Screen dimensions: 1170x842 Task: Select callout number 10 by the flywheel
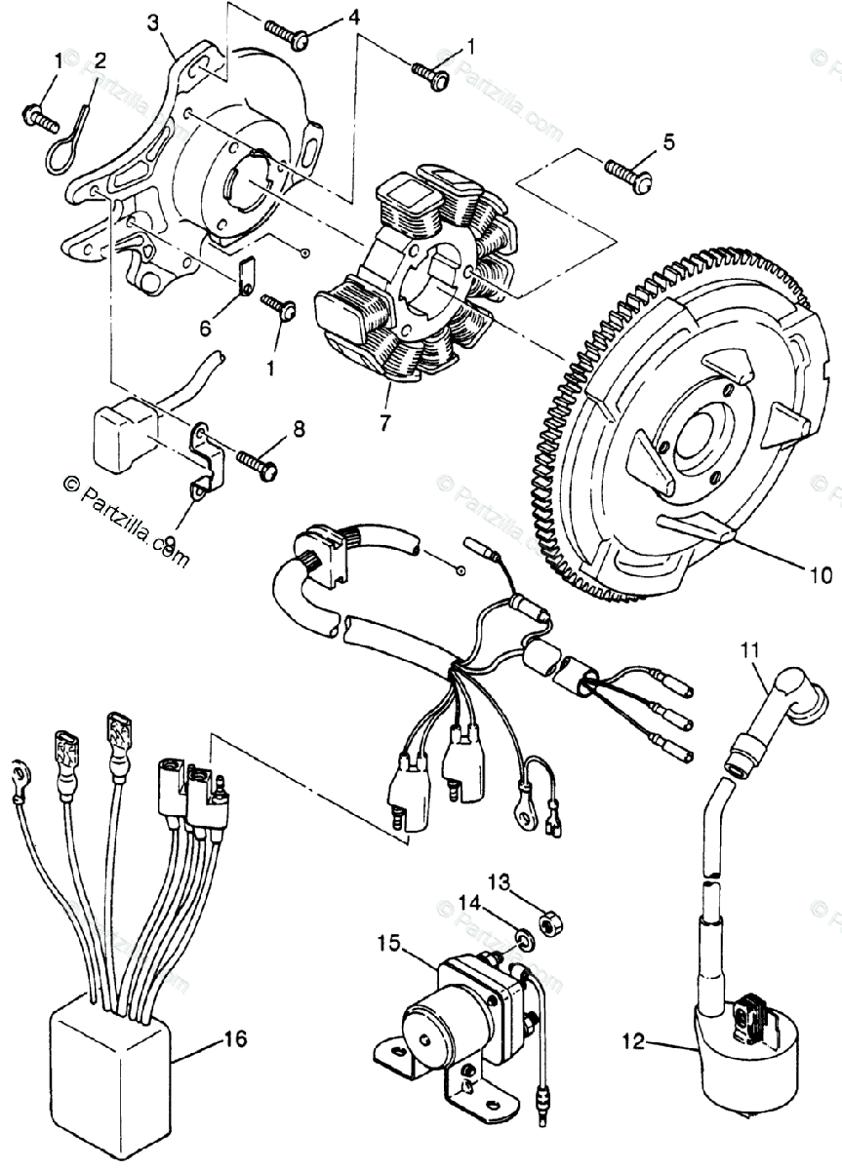point(821,574)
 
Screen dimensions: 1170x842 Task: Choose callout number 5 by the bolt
point(668,141)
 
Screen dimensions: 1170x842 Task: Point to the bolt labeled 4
point(294,38)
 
